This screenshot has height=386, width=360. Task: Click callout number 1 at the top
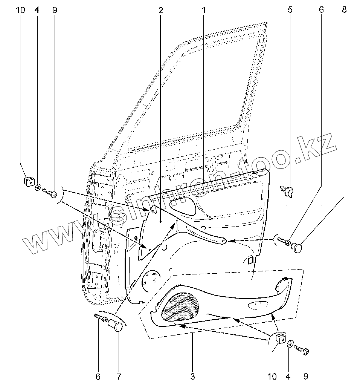[204, 10]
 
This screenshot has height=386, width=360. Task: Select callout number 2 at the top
[161, 10]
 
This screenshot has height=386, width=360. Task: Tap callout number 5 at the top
[290, 10]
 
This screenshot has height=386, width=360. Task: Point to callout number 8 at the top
[344, 10]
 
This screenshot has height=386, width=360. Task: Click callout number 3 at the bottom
[192, 376]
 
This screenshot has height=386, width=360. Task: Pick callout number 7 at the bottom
[119, 376]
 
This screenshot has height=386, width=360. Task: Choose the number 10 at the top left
[21, 10]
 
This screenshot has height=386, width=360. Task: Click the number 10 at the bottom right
[272, 376]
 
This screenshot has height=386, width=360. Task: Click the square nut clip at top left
[28, 181]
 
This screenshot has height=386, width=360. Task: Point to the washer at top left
[38, 187]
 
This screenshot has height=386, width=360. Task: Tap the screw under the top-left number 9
[50, 192]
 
